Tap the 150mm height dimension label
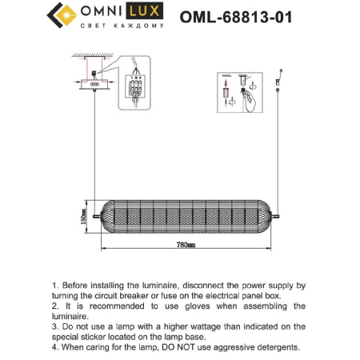coord(82,216)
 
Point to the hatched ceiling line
coord(94,56)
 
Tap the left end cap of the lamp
coord(99,216)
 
